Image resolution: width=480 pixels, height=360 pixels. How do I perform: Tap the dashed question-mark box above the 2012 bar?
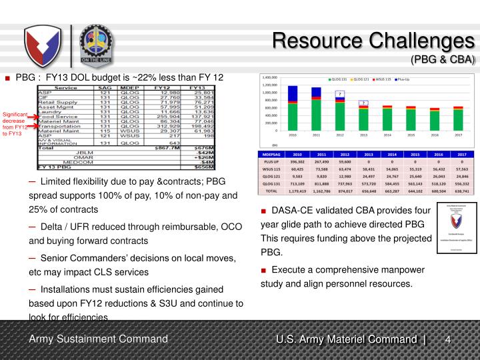tap(339, 94)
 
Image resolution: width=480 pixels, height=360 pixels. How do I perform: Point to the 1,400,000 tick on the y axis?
tap(269, 77)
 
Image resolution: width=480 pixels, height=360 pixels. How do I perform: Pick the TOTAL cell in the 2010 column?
tap(297, 190)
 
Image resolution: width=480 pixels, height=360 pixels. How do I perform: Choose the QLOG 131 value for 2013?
tap(364, 183)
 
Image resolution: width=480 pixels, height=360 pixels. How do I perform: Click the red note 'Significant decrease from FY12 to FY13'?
tap(15, 123)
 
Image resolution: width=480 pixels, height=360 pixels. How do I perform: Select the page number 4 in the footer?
tap(449, 341)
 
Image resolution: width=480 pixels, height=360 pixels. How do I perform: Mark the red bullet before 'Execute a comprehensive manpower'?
tap(264, 270)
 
